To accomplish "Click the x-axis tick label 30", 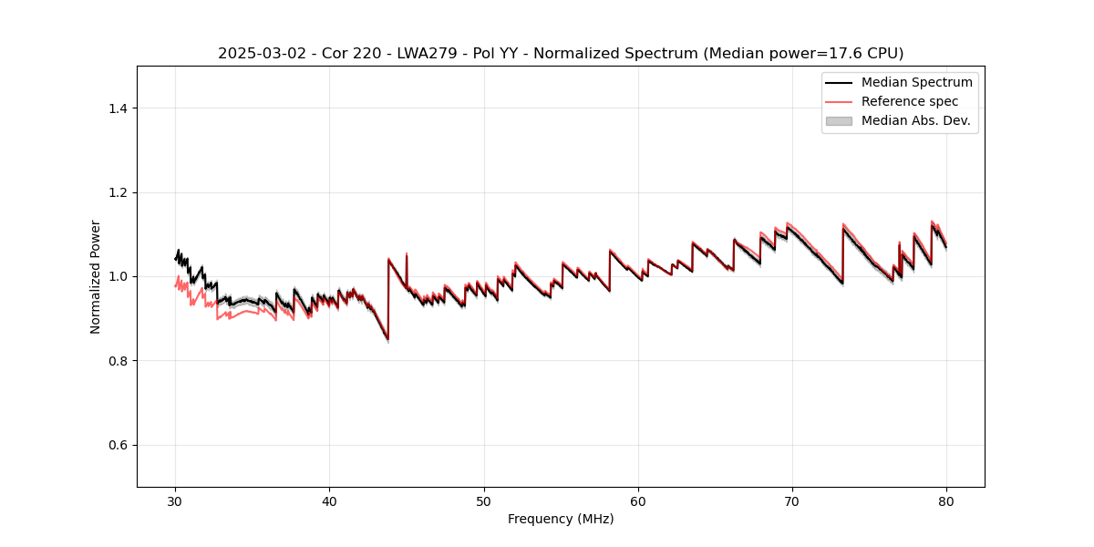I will click(x=176, y=501).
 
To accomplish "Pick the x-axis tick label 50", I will click(x=484, y=501).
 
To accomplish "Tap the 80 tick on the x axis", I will click(x=946, y=501).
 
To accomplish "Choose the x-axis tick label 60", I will click(x=638, y=501).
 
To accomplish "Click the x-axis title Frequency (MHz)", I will click(x=561, y=520).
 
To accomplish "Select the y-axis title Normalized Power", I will click(x=96, y=276).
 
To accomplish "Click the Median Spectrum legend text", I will click(x=916, y=82).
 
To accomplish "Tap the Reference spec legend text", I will click(x=909, y=101).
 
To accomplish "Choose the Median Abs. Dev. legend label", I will click(x=915, y=120).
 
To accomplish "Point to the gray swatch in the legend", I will click(x=839, y=120).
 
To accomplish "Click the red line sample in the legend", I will click(x=839, y=101).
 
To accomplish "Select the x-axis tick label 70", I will click(x=792, y=501).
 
